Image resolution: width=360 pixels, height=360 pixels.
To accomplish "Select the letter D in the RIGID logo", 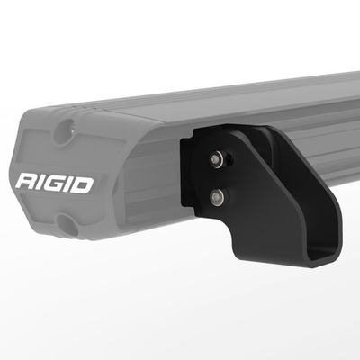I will click(x=82, y=185).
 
